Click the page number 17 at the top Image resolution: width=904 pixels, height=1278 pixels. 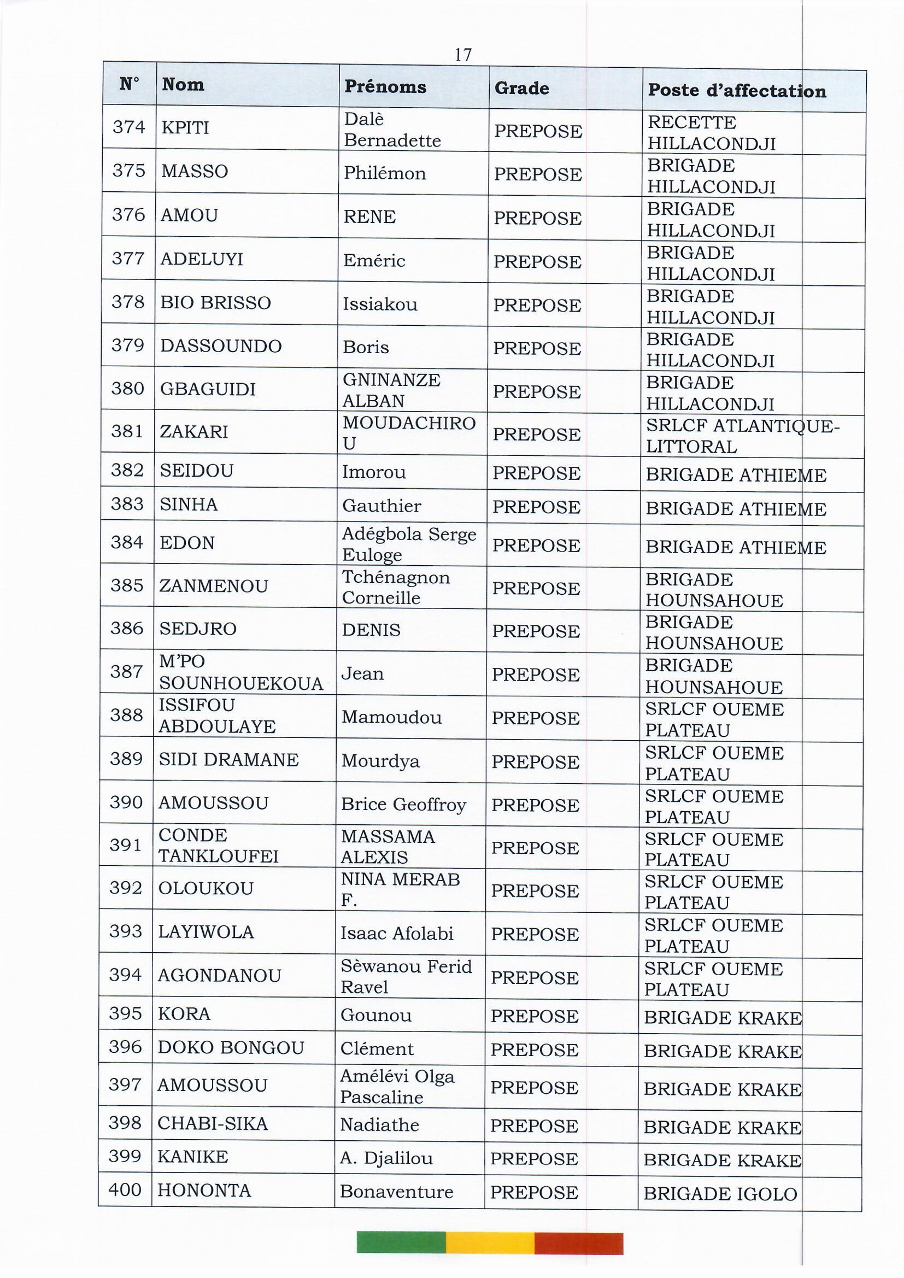(x=462, y=55)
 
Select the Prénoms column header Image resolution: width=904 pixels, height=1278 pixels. (x=385, y=86)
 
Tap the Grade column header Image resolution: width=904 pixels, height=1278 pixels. (x=521, y=88)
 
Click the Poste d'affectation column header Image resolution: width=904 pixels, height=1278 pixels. (x=737, y=90)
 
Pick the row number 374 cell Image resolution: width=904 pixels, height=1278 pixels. (x=128, y=127)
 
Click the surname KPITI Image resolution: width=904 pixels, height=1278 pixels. (x=185, y=128)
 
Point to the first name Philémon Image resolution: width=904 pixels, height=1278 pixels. (x=385, y=173)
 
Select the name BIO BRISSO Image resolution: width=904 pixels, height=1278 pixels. (x=215, y=303)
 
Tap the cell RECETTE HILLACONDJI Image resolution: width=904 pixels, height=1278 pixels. (x=712, y=133)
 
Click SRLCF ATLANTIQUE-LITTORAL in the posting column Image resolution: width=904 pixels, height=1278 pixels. (x=742, y=436)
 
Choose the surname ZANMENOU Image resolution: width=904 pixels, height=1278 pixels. (x=214, y=586)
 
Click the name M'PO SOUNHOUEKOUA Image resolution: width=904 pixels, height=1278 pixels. (x=240, y=672)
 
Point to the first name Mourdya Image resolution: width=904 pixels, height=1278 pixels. (x=380, y=761)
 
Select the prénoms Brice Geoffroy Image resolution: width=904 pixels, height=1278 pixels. (x=403, y=804)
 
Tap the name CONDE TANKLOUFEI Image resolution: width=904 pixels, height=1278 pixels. (x=218, y=846)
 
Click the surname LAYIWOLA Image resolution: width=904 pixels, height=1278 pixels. (x=206, y=933)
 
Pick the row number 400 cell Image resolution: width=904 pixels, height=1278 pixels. (x=125, y=1190)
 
